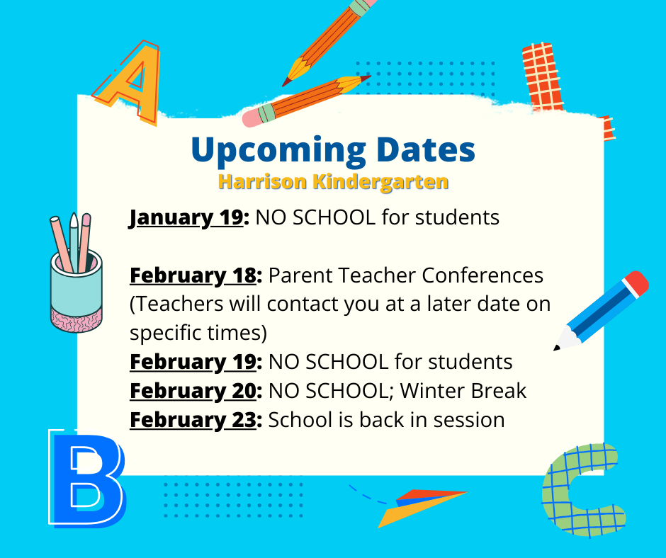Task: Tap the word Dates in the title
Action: click(426, 149)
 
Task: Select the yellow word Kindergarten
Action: click(380, 182)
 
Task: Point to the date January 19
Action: click(186, 218)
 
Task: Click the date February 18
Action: click(193, 275)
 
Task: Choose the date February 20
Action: click(193, 391)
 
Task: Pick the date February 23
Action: click(193, 420)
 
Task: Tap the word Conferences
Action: click(482, 275)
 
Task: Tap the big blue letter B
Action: click(87, 479)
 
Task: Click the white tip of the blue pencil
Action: click(565, 339)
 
